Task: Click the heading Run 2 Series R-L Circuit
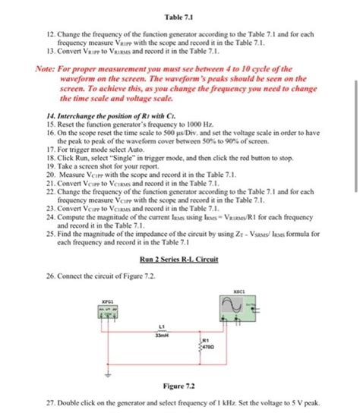point(180,260)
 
